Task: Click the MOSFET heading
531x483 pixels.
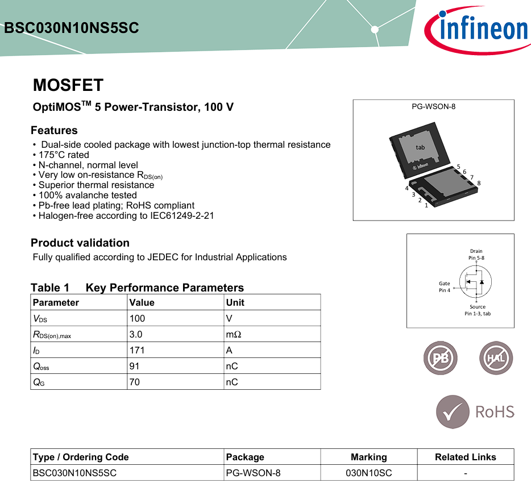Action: point(68,85)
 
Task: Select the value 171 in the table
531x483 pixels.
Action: point(136,351)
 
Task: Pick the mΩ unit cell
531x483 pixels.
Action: point(234,335)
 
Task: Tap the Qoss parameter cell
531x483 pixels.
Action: point(42,367)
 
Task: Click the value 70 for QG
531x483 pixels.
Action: point(135,382)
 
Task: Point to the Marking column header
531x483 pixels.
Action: point(368,457)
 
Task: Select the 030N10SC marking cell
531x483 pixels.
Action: point(368,473)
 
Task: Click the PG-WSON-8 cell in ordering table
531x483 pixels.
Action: point(253,473)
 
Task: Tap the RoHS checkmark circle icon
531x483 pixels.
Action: point(453,412)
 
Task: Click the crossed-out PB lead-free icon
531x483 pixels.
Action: point(441,359)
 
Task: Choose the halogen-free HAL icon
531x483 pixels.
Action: point(496,359)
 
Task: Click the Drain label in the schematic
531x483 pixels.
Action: point(476,251)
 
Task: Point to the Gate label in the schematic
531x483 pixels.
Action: point(444,284)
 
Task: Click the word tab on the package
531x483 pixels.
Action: point(420,148)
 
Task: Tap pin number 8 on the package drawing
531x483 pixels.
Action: point(479,183)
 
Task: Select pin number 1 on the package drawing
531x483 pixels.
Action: point(426,205)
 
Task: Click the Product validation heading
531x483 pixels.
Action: point(80,243)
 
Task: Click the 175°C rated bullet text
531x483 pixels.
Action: point(64,155)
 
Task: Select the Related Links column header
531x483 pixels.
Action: point(465,457)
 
